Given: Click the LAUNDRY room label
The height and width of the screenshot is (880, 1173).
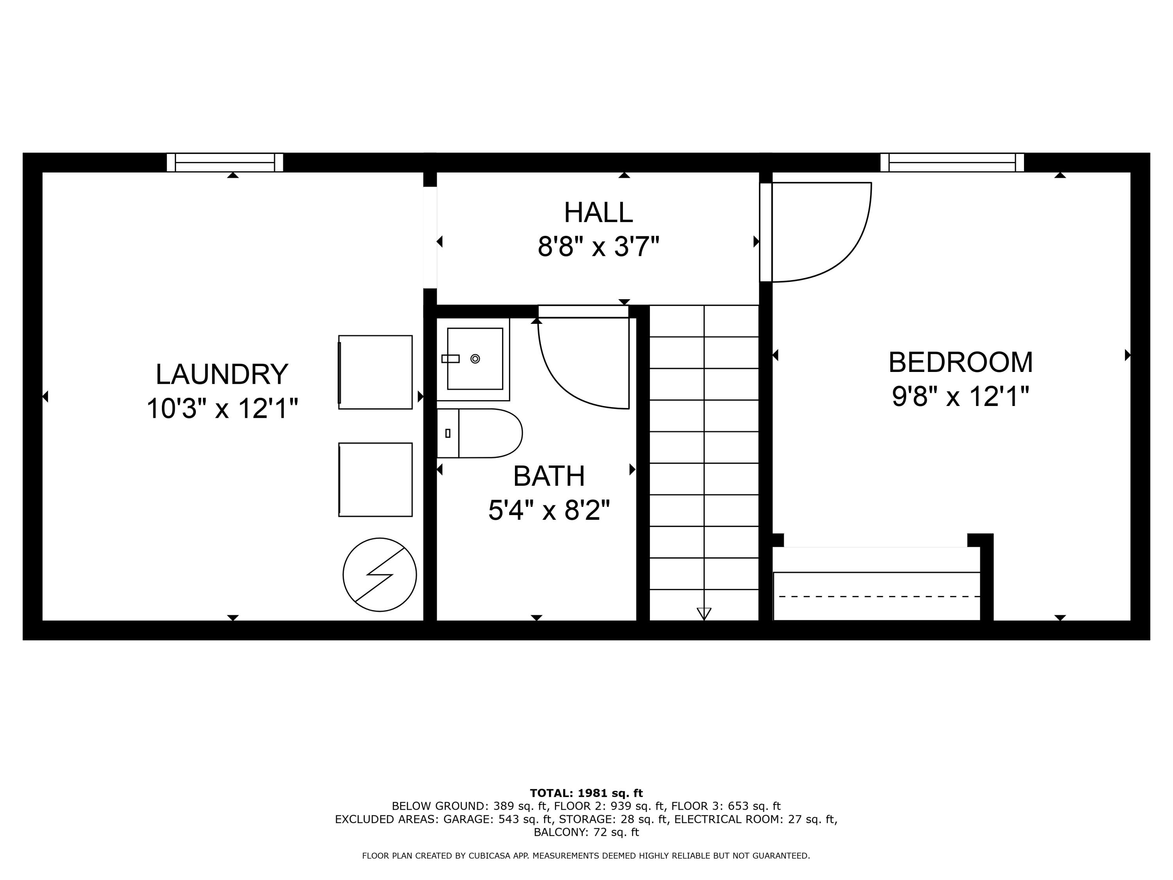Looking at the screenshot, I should pos(222,375).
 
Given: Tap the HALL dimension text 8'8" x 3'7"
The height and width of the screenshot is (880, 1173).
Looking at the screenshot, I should pos(598,247).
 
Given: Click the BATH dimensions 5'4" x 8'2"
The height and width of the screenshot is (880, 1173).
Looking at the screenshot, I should pos(549,510).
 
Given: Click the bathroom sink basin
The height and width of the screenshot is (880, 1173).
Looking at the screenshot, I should pos(475,359).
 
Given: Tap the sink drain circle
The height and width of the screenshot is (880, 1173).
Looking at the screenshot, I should pos(475,359).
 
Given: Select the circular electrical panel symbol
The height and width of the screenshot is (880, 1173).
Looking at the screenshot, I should pos(380,575).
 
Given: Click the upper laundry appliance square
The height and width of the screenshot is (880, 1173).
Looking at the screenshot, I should pos(375,372).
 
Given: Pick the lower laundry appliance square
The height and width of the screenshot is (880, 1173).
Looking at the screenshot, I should pos(375,479).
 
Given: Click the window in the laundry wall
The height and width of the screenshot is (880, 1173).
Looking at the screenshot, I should pos(225,162).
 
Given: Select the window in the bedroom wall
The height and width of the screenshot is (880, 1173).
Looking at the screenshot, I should pos(952,162).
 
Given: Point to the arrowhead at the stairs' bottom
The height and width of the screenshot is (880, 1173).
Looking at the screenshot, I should pos(704,613).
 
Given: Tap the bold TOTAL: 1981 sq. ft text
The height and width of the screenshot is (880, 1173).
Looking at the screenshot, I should pos(586,793).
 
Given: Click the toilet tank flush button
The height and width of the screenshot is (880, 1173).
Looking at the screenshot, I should pos(448,433).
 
